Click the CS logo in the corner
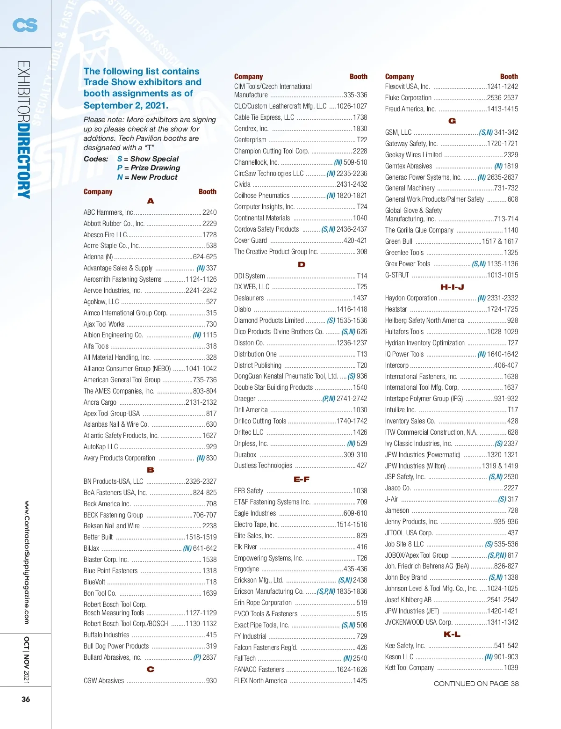tap(25, 24)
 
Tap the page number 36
tap(26, 699)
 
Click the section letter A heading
tap(150, 201)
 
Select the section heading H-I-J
tap(452, 287)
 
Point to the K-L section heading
tap(452, 634)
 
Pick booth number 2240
tap(209, 212)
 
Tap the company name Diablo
tap(243, 309)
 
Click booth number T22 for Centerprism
tap(362, 140)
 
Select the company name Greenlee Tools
tap(404, 253)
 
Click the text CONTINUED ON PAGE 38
tap(476, 684)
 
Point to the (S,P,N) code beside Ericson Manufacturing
tap(326, 591)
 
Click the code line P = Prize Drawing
tap(149, 168)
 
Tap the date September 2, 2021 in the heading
tap(126, 105)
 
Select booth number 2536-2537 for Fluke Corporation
tap(502, 98)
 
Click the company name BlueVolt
tap(94, 582)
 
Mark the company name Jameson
tap(397, 510)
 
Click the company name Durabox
tap(245, 455)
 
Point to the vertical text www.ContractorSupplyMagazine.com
tap(27, 562)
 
